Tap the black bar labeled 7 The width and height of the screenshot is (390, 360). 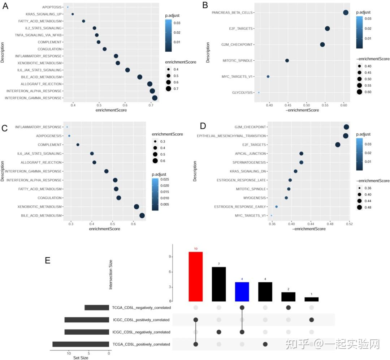pos(219,284)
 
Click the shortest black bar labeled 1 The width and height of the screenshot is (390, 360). pos(311,299)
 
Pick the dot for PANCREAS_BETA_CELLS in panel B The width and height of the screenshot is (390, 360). pos(346,13)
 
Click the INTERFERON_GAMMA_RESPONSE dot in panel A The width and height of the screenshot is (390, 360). pos(155,98)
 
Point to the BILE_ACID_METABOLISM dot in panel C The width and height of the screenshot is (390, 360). pos(142,216)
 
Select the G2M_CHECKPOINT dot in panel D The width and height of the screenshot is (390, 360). pos(346,127)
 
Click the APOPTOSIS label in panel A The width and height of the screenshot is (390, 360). pos(52,7)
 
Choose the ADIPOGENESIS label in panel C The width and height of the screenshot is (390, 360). pos(49,136)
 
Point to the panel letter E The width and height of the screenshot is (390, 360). pos(48,260)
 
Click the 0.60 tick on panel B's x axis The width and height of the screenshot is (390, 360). pos(343,104)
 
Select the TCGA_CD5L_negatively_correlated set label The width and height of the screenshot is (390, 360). pos(141,308)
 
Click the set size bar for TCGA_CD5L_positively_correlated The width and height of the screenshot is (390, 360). pos(81,344)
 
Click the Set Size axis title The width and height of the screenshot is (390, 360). pos(81,358)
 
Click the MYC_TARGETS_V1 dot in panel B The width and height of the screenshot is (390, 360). pos(268,77)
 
